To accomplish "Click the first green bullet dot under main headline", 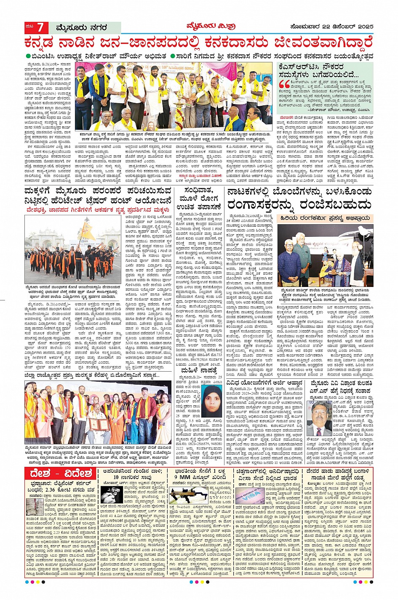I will point(28,56).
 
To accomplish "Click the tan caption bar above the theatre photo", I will point(325,218).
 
